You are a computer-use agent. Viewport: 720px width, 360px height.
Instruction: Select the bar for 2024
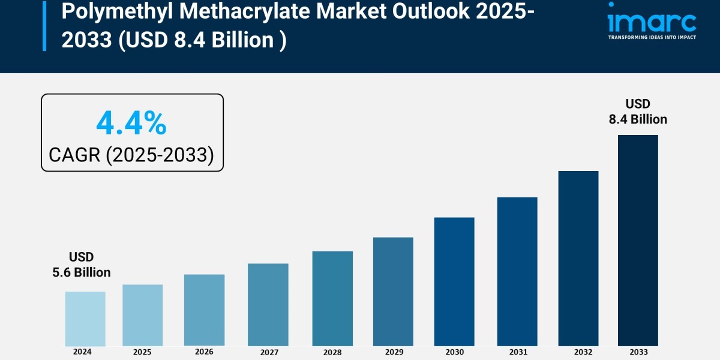(85, 319)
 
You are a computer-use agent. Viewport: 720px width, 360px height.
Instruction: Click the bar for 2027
(268, 305)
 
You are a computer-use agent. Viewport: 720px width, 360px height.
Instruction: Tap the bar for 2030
(454, 281)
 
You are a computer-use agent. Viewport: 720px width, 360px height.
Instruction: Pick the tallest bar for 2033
(638, 240)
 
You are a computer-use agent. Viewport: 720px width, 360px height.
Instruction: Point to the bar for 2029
(393, 292)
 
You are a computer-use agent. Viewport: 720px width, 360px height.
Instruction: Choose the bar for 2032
(578, 258)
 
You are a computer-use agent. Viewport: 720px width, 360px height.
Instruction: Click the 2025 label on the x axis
(142, 352)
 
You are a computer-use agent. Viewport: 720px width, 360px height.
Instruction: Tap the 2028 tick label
(332, 353)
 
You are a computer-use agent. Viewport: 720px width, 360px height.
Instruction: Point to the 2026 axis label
(204, 352)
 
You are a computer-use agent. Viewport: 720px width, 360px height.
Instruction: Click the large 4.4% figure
(131, 124)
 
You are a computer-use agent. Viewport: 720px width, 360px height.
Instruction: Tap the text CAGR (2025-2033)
(131, 155)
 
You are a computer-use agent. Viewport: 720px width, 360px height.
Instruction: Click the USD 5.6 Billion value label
(82, 265)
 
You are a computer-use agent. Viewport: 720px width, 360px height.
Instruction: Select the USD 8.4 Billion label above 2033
(638, 112)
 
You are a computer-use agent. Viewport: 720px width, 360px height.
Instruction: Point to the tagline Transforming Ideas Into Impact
(652, 37)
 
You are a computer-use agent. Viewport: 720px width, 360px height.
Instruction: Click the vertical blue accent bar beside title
(44, 25)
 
